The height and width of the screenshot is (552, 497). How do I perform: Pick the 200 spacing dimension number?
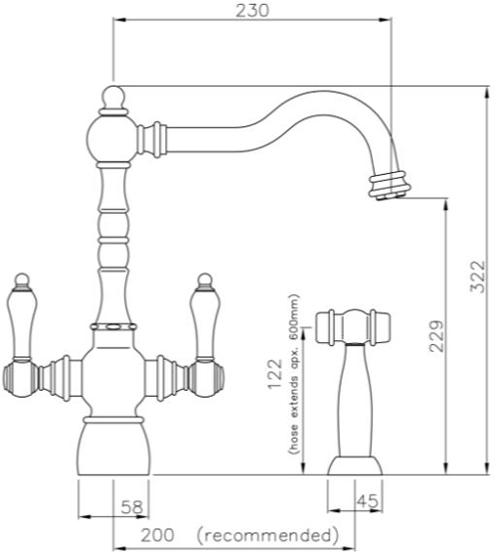coord(156,535)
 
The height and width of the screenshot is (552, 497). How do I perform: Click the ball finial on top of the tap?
coord(113,98)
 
